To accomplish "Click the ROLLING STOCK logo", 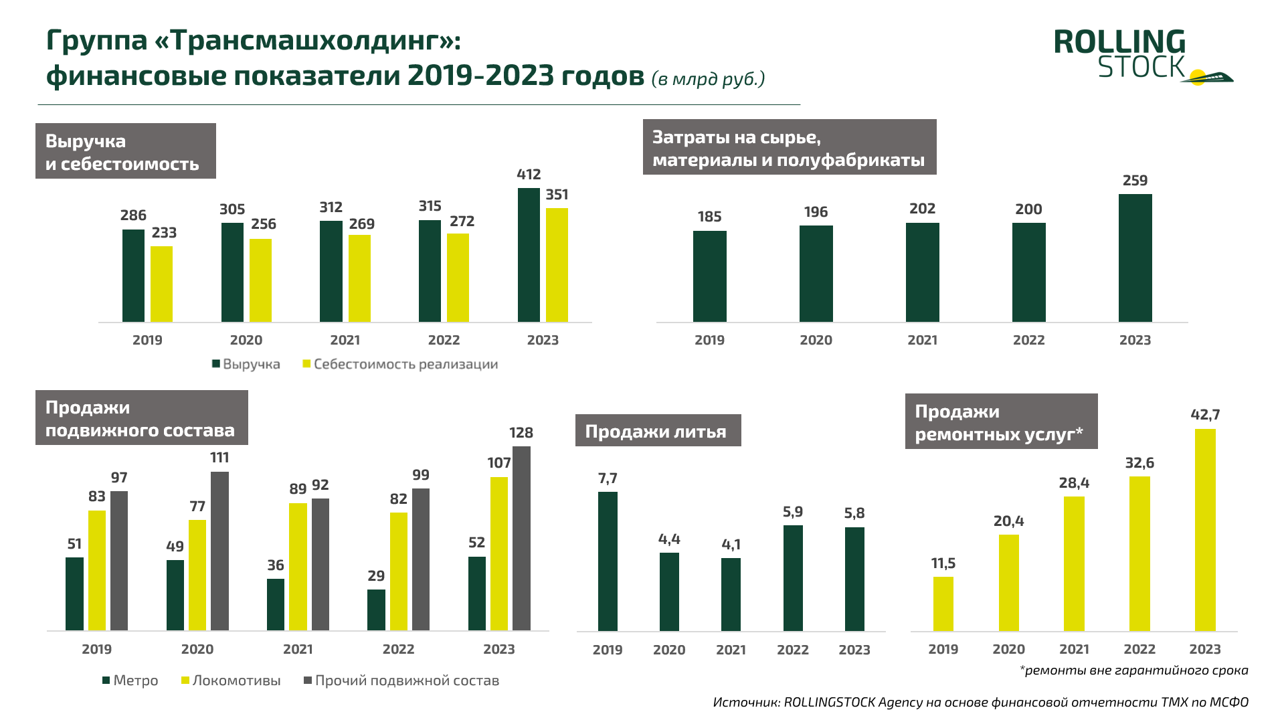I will point(1141,56).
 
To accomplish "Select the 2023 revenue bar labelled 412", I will point(529,255).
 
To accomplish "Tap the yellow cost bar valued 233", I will point(161,284).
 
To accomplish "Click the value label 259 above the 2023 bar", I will point(1135,181).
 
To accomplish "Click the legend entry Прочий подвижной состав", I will point(401,681).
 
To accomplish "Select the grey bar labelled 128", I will point(521,538).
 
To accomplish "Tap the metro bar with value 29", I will point(376,610).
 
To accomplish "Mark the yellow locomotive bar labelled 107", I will point(499,553).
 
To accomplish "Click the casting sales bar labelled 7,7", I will point(608,561).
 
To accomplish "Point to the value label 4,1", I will point(731,545).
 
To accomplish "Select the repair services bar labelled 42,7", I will point(1205,530).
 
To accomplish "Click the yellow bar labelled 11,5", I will point(943,604).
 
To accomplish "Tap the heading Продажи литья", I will point(658,431).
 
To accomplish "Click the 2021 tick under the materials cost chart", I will point(922,340).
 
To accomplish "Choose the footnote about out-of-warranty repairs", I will point(1133,670).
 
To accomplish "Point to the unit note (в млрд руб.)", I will point(708,79).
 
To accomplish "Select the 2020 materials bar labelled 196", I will point(816,274).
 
